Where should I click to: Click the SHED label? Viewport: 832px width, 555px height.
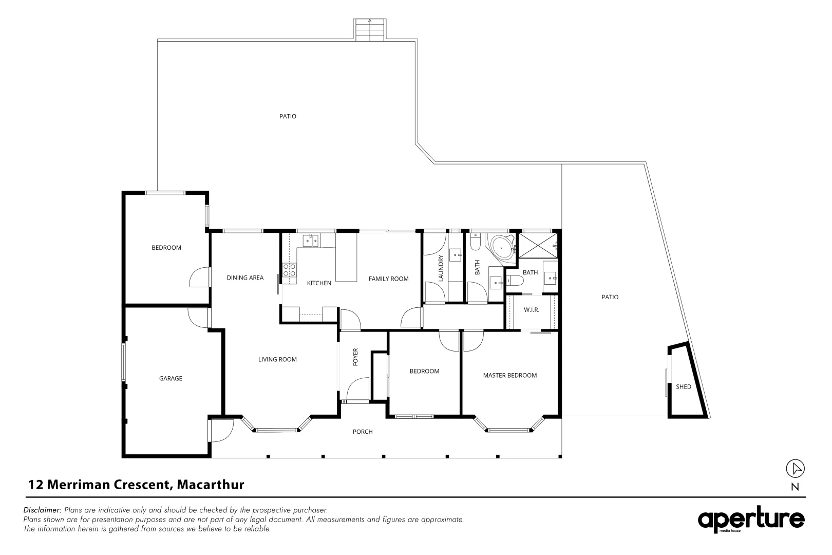click(683, 387)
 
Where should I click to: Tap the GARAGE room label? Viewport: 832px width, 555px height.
click(171, 379)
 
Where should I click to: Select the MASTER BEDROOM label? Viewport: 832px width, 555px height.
click(509, 376)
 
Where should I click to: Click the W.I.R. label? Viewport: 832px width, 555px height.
click(531, 310)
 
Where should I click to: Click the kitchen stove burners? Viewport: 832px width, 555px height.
click(289, 270)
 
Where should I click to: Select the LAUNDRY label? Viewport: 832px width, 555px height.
click(440, 268)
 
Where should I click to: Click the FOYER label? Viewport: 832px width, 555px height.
click(355, 357)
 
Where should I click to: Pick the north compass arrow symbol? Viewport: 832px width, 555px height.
click(795, 468)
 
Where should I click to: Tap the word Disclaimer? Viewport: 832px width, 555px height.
click(43, 510)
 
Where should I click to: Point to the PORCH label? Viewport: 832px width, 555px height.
click(363, 432)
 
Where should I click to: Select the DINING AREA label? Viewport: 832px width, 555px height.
click(245, 278)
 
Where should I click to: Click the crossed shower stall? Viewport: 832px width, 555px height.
click(537, 246)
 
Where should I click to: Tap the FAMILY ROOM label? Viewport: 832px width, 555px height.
click(388, 279)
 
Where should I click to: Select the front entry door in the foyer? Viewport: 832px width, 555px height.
click(357, 390)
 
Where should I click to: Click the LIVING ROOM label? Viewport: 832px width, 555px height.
click(277, 360)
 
